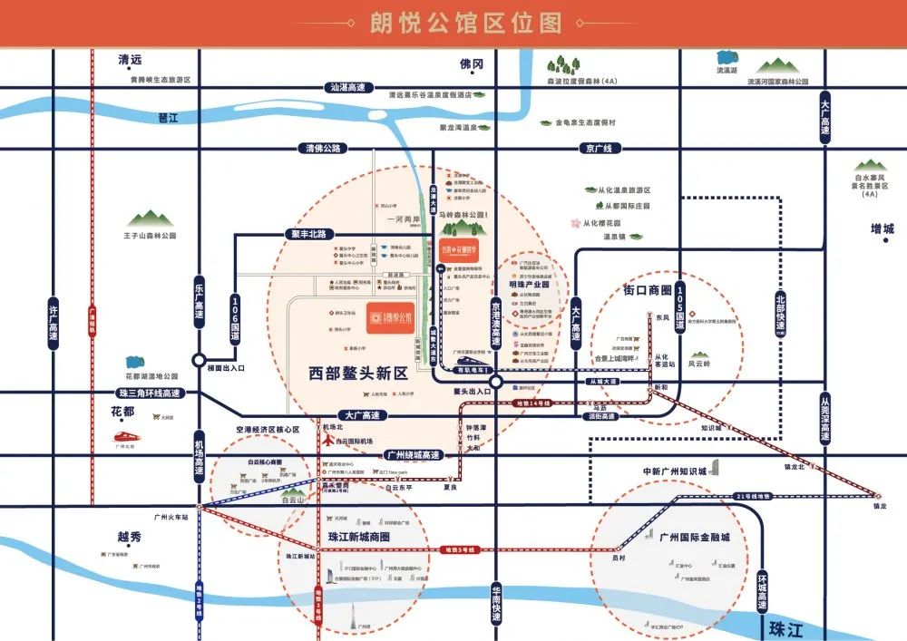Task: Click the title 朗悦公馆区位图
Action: (453, 24)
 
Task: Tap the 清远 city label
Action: (131, 60)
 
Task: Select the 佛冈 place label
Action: (472, 63)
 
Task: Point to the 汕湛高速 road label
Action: (348, 87)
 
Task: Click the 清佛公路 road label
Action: (323, 148)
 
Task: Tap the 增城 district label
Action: (882, 228)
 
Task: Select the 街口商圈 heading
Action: (647, 290)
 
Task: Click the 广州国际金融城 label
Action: (695, 538)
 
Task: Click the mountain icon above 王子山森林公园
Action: (150, 219)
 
